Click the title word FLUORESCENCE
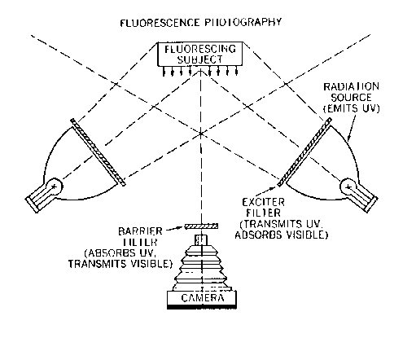(160, 23)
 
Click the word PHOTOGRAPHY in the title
(243, 22)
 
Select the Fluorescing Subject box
(200, 55)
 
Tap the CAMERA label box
(202, 298)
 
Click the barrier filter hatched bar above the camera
(201, 226)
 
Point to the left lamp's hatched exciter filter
(98, 152)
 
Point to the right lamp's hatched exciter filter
(304, 152)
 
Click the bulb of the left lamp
(55, 187)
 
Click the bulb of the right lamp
(348, 187)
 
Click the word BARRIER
(140, 231)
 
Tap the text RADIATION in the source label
(351, 87)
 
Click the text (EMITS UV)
(352, 108)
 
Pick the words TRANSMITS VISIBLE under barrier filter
(120, 264)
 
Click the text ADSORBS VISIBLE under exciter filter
(282, 235)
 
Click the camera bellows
(202, 267)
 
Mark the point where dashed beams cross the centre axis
(201, 134)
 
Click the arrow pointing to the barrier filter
(174, 229)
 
